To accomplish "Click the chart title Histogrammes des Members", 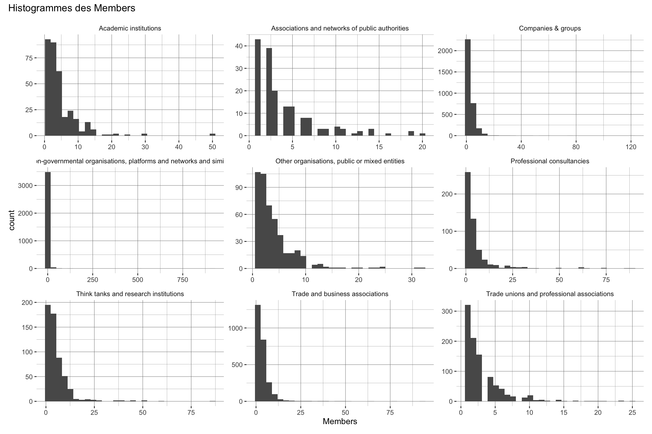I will pos(72,8).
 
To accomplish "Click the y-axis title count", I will pos(12,220).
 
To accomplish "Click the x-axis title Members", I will pos(340,422).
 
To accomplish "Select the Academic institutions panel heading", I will pos(130,29).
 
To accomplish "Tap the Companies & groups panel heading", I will pos(550,29).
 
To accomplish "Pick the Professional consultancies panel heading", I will pos(550,161).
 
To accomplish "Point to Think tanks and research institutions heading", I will pos(130,294).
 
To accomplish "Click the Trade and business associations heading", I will pos(340,294).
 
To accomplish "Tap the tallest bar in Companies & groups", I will pos(468,88).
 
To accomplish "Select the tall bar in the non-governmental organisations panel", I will pos(48,220).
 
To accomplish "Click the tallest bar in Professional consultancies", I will pos(468,220).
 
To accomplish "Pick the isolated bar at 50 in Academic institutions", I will pos(213,134).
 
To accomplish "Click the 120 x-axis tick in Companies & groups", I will pos(631,147).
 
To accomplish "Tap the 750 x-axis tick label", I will pos(183,280).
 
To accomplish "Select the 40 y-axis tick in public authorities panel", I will pos(240,46).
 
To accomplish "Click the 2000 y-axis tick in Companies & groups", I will pos(445,51).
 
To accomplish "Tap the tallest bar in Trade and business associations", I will pos(258,353).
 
